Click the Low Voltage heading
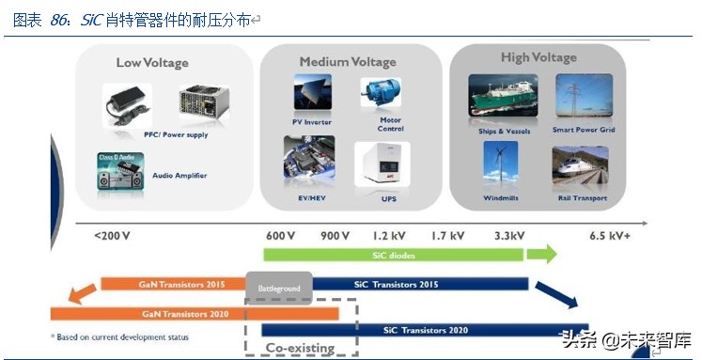click(x=152, y=63)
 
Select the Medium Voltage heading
click(x=349, y=62)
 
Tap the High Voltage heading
click(x=538, y=58)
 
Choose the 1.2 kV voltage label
click(x=389, y=235)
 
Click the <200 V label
click(x=112, y=235)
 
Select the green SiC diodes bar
click(x=394, y=255)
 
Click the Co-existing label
click(x=300, y=348)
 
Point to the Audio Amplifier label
click(x=179, y=176)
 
